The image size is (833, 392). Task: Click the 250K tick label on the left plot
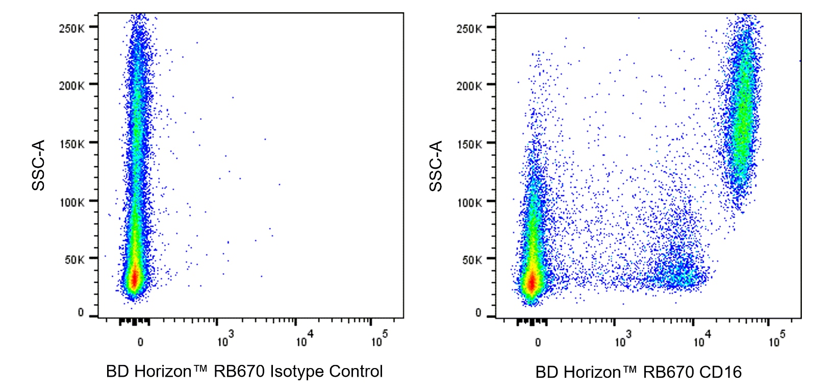pos(71,29)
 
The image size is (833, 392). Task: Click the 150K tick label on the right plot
pos(469,144)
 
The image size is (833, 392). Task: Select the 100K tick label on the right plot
pos(469,203)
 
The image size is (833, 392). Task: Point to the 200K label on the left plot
pos(71,86)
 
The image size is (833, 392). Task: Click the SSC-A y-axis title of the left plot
pos(39,165)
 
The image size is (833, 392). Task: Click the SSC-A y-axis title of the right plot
pos(436,166)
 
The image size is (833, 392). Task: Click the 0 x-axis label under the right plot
pos(538,343)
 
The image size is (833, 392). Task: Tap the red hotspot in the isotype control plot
pos(134,279)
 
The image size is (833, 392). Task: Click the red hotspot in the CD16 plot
pos(532,282)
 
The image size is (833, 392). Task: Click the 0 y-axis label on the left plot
pos(81,312)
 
